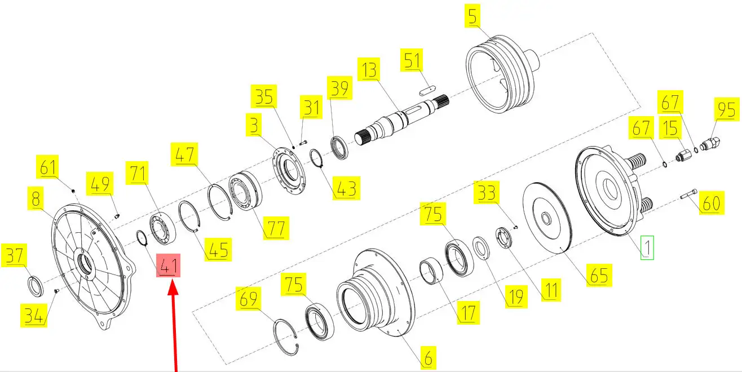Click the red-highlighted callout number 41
click(x=168, y=265)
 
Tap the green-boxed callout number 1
click(x=647, y=247)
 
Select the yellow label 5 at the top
click(x=472, y=16)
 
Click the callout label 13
click(x=369, y=69)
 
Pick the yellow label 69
click(x=248, y=299)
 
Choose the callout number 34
click(x=33, y=316)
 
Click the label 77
click(x=276, y=228)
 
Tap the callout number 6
click(x=429, y=358)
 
